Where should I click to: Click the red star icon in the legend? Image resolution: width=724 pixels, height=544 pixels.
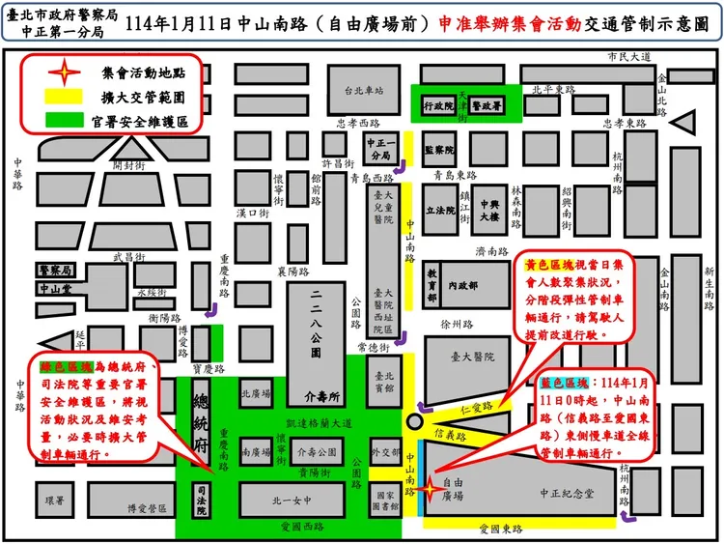[63, 72]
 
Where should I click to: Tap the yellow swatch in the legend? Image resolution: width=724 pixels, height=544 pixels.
[63, 98]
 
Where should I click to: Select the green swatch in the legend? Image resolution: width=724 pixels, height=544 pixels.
[63, 122]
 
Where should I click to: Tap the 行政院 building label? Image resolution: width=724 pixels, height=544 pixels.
[438, 105]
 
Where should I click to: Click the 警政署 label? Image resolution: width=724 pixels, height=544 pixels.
[490, 105]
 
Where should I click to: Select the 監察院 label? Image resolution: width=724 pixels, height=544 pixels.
[438, 150]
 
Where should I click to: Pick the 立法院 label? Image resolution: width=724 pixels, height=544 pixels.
[439, 209]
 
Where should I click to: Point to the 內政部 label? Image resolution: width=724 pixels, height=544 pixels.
[465, 285]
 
